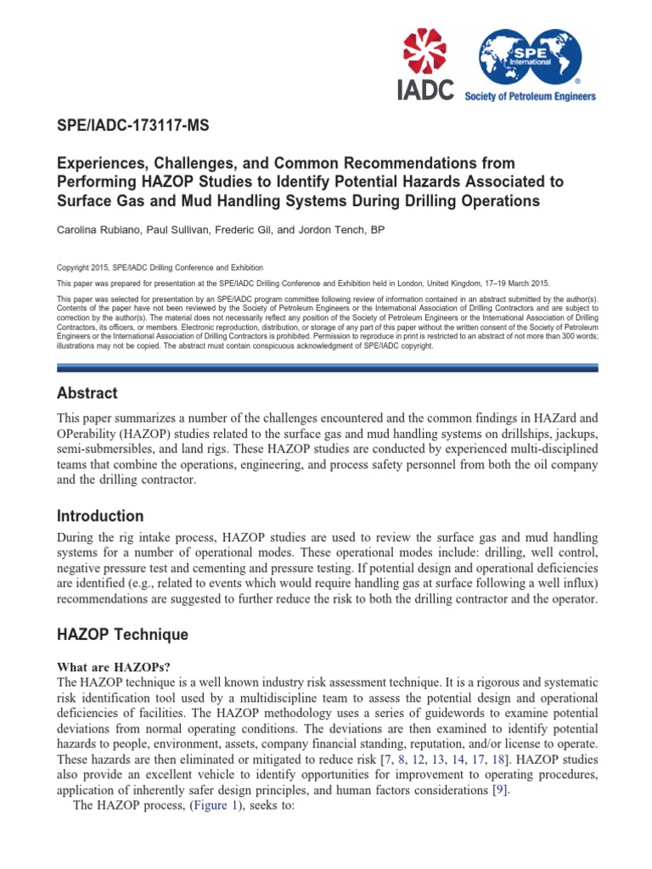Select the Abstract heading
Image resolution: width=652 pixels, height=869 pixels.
tap(87, 394)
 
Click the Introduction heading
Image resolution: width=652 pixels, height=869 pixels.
tap(99, 516)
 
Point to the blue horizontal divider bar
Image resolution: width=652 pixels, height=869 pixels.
tap(327, 367)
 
